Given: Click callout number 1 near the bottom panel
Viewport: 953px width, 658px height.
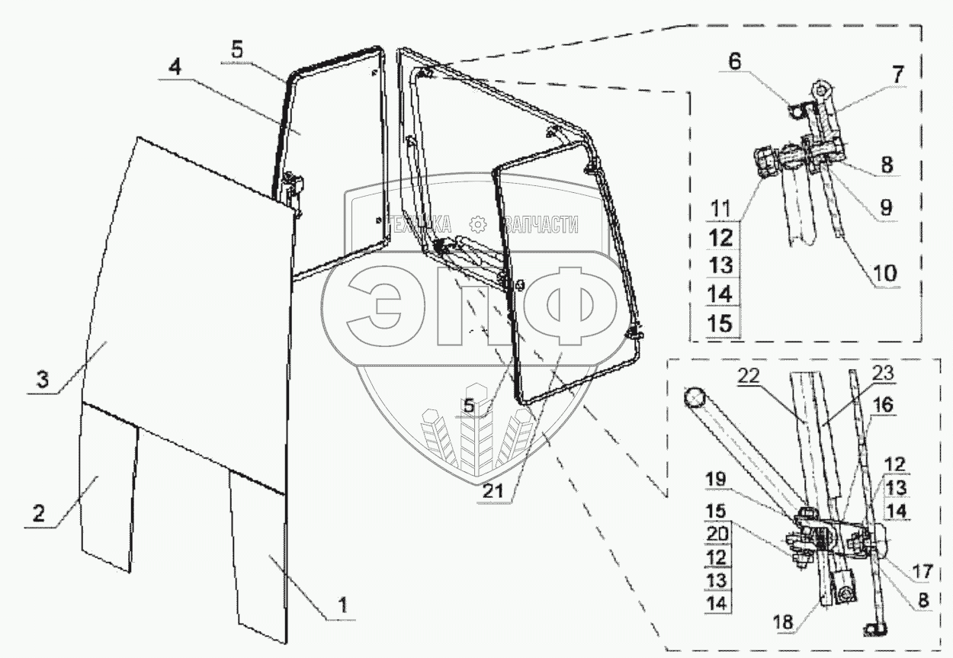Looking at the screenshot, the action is (x=343, y=607).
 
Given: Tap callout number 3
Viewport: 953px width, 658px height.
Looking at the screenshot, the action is (x=43, y=379).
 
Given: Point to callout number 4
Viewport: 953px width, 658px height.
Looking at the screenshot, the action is (x=175, y=66).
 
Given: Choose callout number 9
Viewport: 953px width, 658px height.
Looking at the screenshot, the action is (x=886, y=206).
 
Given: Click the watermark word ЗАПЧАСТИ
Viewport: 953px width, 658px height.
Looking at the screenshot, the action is (x=540, y=224).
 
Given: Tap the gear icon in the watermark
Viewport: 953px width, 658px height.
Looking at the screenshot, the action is (x=478, y=223).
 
